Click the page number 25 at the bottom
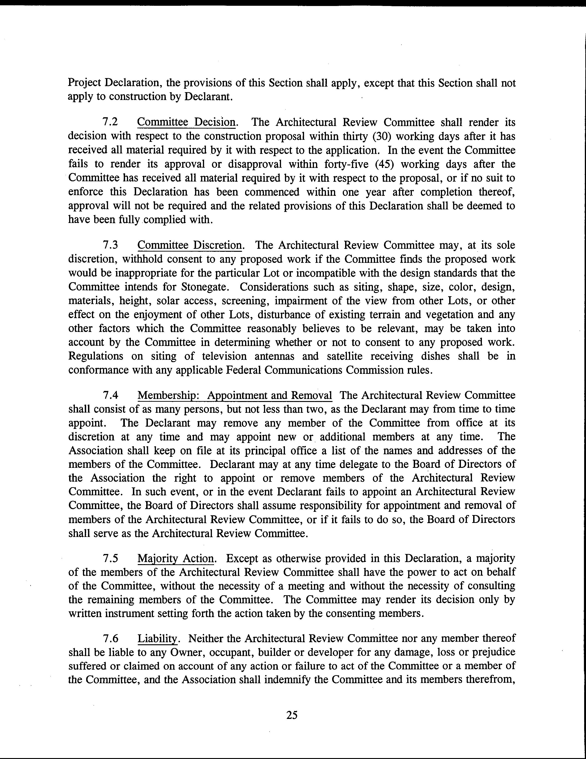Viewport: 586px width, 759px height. (x=292, y=715)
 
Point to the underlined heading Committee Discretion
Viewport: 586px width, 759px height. (x=190, y=245)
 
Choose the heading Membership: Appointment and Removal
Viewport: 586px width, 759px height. (x=235, y=396)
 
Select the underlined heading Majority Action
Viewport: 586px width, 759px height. (x=176, y=558)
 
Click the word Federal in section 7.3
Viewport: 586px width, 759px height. (x=243, y=370)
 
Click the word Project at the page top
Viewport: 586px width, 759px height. (x=85, y=83)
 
